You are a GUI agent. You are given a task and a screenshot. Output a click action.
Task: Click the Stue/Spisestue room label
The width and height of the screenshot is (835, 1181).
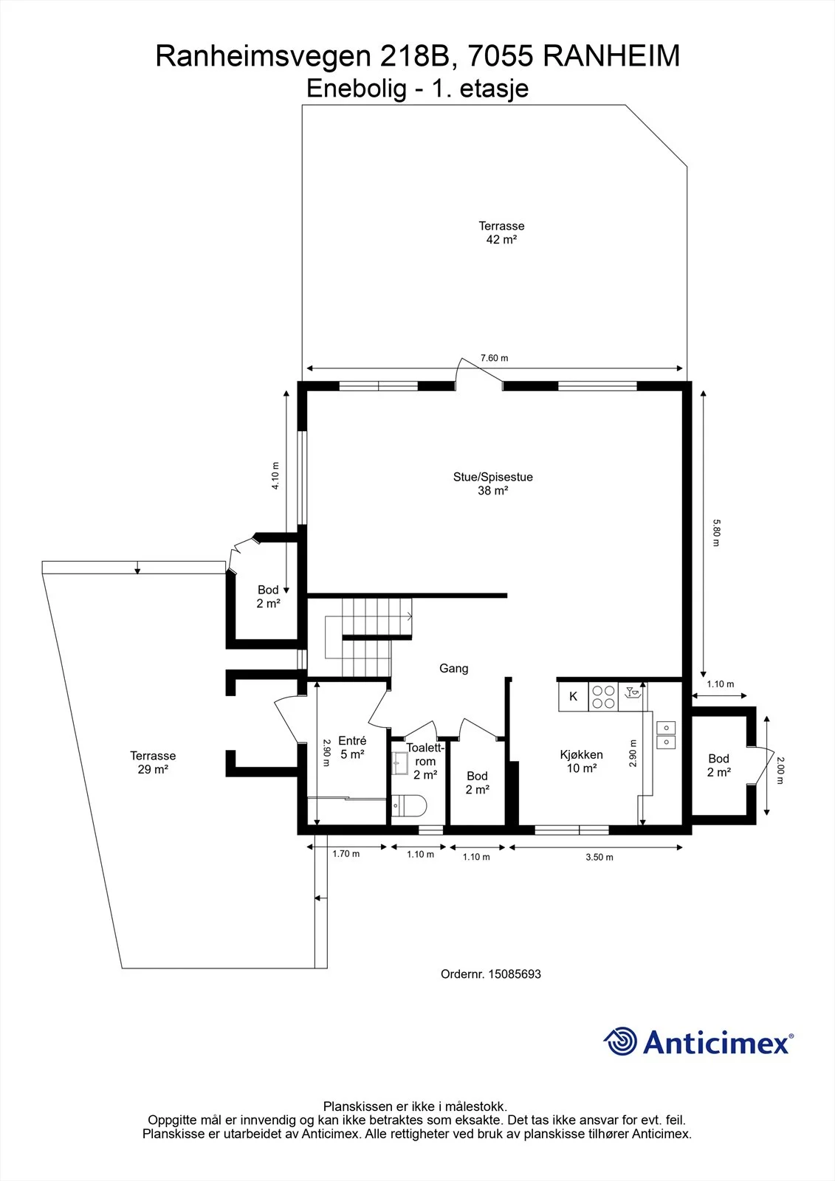point(492,483)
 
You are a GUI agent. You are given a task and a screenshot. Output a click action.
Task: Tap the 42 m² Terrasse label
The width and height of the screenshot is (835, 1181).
point(501,233)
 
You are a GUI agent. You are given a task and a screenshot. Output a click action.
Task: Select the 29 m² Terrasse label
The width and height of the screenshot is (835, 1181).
point(153,762)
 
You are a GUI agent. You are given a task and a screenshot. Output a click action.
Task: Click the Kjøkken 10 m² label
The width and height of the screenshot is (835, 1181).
point(581,761)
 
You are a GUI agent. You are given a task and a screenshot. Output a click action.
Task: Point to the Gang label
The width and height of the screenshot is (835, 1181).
point(453,669)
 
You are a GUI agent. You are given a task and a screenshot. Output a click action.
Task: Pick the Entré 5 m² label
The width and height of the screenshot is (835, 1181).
point(352,748)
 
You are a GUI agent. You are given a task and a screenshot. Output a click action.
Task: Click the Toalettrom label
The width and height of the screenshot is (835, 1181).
point(425,754)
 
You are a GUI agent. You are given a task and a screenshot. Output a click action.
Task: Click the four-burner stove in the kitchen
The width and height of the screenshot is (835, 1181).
point(603,697)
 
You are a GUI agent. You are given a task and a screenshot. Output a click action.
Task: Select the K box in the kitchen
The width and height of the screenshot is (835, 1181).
point(574,697)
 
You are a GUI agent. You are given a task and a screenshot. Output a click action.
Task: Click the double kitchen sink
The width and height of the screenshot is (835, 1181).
point(666,735)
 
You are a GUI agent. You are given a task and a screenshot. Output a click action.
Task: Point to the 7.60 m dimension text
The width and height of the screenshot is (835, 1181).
point(494,358)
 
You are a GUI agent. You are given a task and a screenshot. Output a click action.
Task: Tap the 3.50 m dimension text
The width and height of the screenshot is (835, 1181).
point(599,857)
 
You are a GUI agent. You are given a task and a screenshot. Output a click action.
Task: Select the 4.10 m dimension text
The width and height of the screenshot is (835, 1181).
point(275,475)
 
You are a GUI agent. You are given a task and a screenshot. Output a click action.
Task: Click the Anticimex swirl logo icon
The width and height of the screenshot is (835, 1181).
point(620,1041)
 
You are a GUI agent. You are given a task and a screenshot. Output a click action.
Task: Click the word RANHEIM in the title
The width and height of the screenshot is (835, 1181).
point(611,56)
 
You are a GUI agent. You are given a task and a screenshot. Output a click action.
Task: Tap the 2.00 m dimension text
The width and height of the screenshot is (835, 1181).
point(780,771)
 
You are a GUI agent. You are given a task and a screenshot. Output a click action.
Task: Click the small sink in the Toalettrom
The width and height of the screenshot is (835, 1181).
point(400,763)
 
